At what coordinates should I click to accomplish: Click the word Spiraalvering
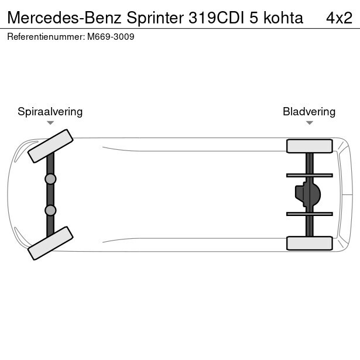coord(50,112)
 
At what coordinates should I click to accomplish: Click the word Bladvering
coord(309,112)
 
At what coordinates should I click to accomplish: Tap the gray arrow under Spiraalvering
coord(50,123)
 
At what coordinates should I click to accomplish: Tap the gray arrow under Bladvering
coord(310,123)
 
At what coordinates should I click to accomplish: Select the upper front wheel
coord(50,146)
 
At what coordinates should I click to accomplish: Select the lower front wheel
coord(50,243)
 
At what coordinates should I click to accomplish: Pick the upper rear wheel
coord(310,146)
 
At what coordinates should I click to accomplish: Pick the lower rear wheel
coord(310,243)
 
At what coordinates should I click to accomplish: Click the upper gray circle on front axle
coord(50,179)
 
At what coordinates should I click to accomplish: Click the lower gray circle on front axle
coord(50,210)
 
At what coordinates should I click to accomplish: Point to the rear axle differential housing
coord(308,194)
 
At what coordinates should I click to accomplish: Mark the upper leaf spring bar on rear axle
coord(310,176)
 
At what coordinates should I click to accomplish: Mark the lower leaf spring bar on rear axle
coord(310,214)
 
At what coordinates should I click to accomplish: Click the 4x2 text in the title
coord(339,18)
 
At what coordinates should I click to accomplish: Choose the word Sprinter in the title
coord(155,18)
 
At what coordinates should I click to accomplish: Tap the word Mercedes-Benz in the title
coord(64,18)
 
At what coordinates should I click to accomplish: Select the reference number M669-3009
coord(111,37)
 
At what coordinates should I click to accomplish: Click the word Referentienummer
coord(46,37)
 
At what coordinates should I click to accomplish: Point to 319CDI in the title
coord(216,18)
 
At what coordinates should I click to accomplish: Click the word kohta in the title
coord(283,18)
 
